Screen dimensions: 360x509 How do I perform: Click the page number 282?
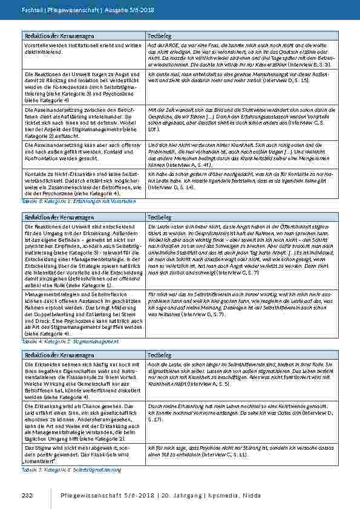(27, 496)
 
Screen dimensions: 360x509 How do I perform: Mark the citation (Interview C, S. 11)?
(216, 453)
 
